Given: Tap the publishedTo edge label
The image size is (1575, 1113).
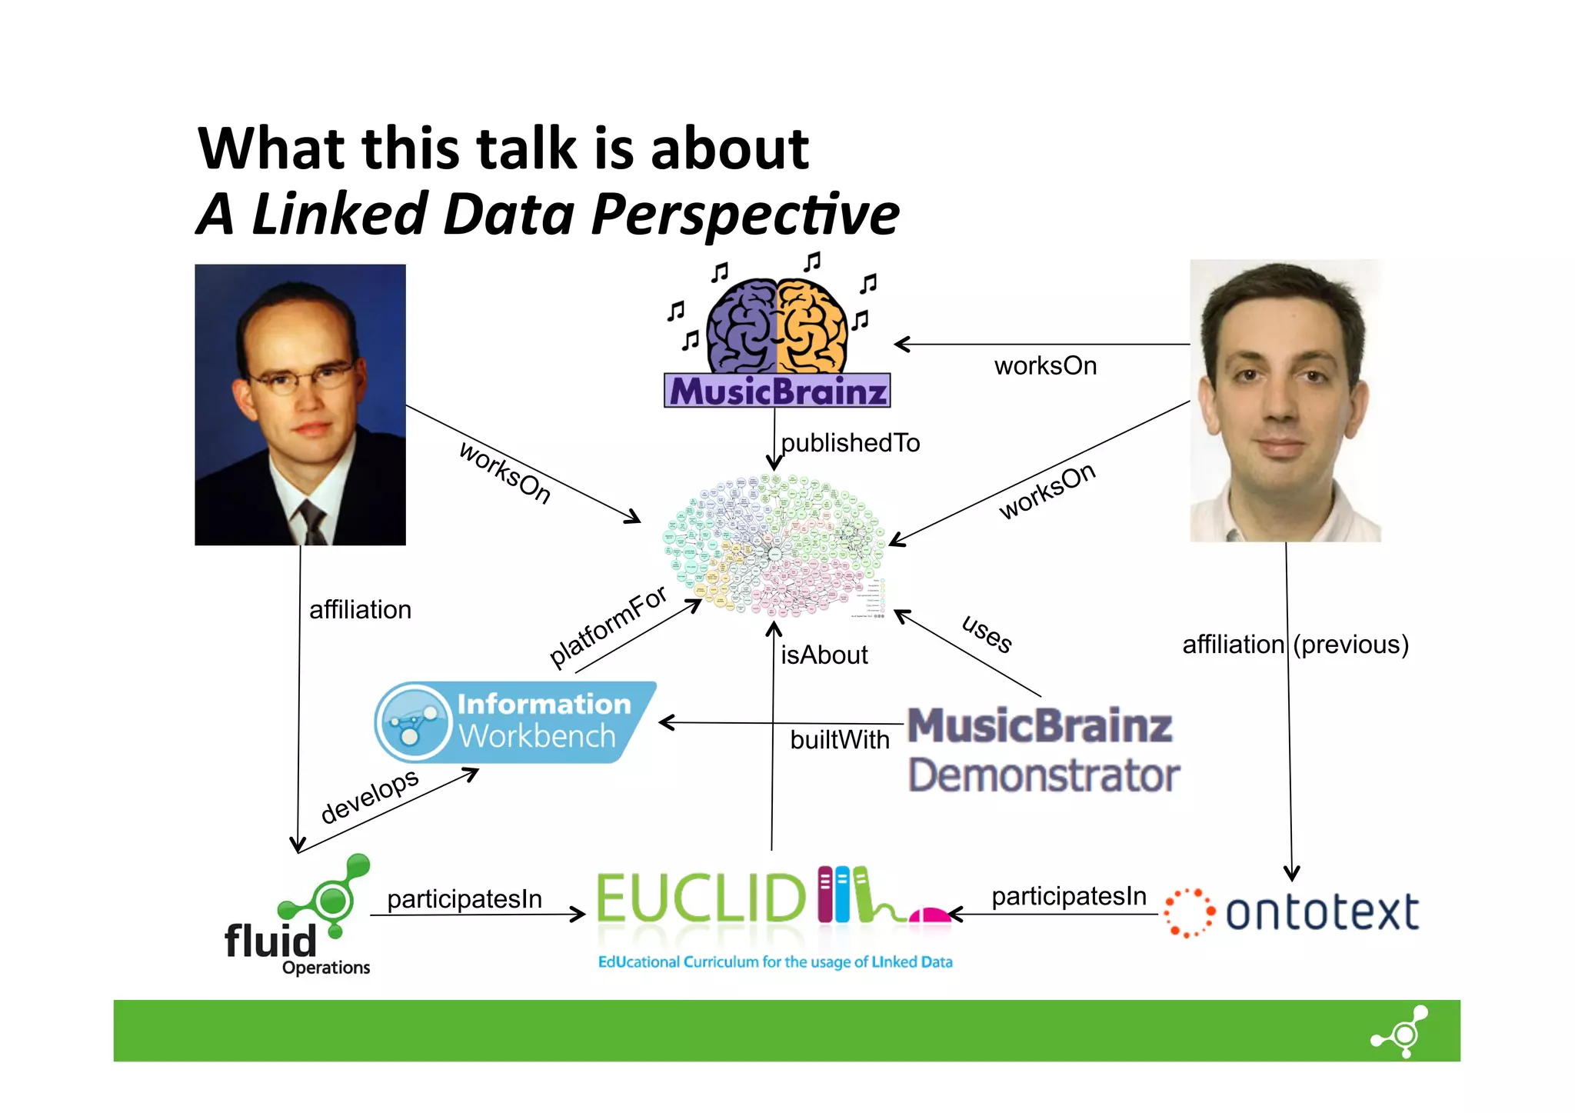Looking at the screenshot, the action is [x=851, y=443].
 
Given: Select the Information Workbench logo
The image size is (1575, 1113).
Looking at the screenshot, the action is [x=515, y=722].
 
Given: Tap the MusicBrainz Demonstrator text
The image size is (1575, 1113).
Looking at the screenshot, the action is [x=1043, y=750].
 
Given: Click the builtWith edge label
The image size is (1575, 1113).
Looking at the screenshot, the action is [x=839, y=740].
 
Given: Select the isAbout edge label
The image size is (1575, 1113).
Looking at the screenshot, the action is [x=824, y=655].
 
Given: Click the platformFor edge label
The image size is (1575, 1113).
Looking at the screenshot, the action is [x=608, y=626].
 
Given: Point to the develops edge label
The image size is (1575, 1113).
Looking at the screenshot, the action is [x=369, y=795].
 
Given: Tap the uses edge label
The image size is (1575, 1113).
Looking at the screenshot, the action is [x=987, y=634].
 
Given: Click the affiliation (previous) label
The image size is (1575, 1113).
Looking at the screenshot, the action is [x=1295, y=645].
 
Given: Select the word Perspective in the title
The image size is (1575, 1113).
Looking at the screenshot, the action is [x=745, y=215].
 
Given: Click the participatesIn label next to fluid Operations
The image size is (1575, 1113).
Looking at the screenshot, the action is [x=465, y=899].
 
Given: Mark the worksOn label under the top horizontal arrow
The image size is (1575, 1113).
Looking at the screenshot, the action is [x=1045, y=366].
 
